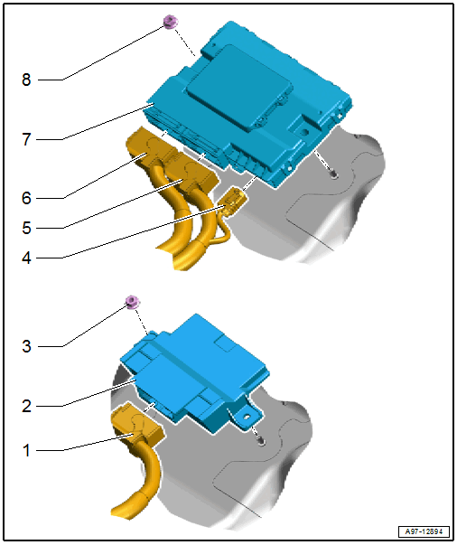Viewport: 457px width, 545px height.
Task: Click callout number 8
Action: pyautogui.click(x=26, y=80)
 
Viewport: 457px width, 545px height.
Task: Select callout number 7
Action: pyautogui.click(x=26, y=139)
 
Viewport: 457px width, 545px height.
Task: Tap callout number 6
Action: pyautogui.click(x=26, y=198)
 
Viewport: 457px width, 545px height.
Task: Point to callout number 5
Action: pyautogui.click(x=26, y=228)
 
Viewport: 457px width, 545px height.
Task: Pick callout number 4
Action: pyautogui.click(x=26, y=258)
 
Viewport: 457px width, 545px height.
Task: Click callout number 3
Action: pyautogui.click(x=26, y=346)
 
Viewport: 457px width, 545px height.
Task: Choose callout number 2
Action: pyautogui.click(x=26, y=406)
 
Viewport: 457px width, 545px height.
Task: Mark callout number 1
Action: pyautogui.click(x=26, y=450)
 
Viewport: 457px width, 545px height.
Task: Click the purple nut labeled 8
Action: pyautogui.click(x=171, y=22)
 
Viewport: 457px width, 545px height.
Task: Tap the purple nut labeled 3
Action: pyautogui.click(x=133, y=302)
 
